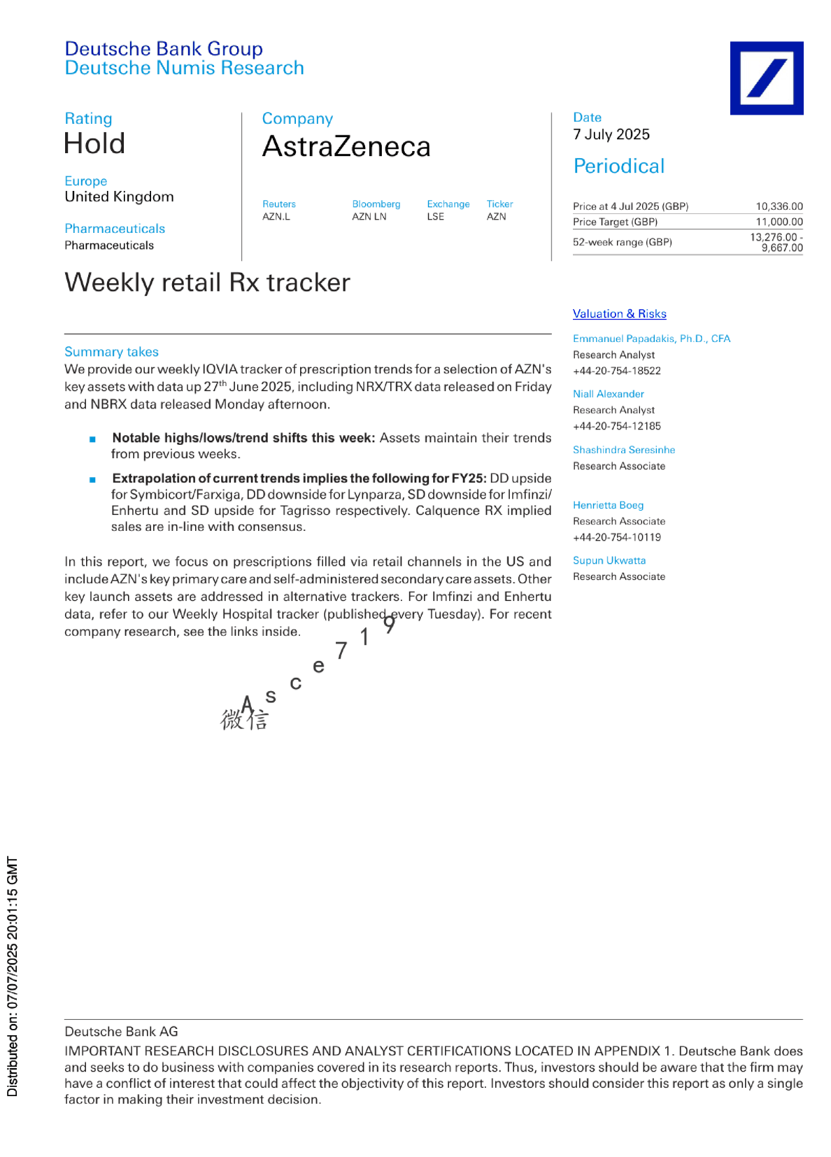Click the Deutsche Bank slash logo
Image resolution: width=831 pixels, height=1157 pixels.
[766, 78]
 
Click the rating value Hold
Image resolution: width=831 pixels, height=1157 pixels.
[94, 144]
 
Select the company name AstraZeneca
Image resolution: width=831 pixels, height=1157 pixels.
[346, 147]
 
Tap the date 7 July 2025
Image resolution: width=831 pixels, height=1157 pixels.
[611, 134]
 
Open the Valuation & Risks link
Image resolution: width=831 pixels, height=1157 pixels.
[619, 314]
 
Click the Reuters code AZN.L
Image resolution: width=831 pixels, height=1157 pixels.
[276, 217]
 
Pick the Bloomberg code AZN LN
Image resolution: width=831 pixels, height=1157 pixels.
[369, 217]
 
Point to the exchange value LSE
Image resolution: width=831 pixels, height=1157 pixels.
[436, 217]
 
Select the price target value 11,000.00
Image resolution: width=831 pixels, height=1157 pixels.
[779, 222]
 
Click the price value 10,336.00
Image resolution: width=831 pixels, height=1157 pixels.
[779, 206]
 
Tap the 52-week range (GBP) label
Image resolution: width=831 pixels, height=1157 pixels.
[622, 242]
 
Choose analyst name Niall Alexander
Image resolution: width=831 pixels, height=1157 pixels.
[609, 394]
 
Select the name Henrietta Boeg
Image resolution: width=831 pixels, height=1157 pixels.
[608, 505]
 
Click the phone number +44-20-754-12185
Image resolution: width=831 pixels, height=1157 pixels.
[616, 426]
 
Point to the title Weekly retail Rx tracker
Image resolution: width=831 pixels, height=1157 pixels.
[207, 283]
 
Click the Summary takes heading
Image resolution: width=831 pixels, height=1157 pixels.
[111, 352]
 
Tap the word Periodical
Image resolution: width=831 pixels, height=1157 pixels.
[618, 166]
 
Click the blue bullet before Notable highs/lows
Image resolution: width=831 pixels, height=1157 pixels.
[92, 439]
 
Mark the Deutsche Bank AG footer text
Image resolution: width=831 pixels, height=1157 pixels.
[121, 1032]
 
